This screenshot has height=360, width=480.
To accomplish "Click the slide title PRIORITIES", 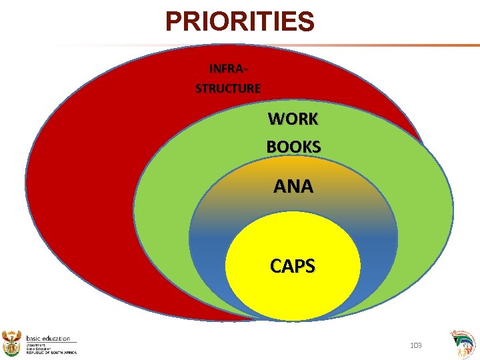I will point(239,21).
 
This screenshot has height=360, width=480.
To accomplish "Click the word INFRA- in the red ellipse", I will point(228,69).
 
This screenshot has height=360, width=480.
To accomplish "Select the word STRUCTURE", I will point(228,88).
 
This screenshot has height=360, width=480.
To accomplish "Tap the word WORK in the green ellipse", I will point(293,119).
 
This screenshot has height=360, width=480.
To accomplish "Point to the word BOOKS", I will point(293,147).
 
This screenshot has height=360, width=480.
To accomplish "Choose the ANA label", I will point(293,187).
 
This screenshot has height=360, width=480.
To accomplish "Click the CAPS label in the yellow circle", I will point(293,267).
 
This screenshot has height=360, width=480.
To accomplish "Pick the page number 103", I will point(415,345).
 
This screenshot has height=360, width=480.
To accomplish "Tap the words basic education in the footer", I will point(48,339).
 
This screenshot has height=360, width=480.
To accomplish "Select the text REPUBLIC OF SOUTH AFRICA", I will point(51,352).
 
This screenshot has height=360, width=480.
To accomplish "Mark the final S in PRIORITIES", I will point(306,22).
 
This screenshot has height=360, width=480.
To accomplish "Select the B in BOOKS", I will point(272,147).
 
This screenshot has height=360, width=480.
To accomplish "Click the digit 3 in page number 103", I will point(419,345).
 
